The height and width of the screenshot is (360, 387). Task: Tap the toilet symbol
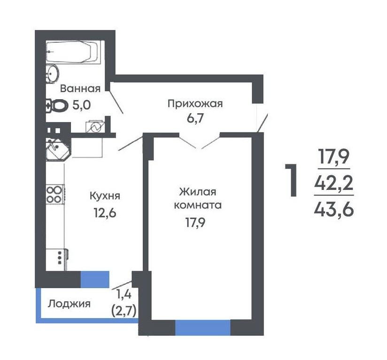click(x=57, y=106)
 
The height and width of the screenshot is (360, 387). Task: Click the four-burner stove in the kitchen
click(x=55, y=194)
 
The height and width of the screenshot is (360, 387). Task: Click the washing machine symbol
click(x=95, y=127)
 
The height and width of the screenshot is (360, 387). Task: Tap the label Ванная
click(x=80, y=88)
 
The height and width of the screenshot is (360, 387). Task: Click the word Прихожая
click(x=195, y=104)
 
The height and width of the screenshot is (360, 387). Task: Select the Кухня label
click(x=105, y=196)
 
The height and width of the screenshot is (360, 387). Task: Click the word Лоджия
click(x=69, y=304)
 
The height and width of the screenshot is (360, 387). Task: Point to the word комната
click(x=198, y=205)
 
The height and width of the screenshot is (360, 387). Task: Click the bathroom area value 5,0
click(x=81, y=105)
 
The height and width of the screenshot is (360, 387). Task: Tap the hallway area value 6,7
click(x=195, y=118)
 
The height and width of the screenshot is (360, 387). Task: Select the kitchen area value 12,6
click(x=105, y=212)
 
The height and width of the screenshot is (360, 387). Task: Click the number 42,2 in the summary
click(x=333, y=183)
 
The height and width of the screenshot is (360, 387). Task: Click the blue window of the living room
click(x=202, y=328)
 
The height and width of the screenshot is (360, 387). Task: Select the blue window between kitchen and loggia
click(x=95, y=279)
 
